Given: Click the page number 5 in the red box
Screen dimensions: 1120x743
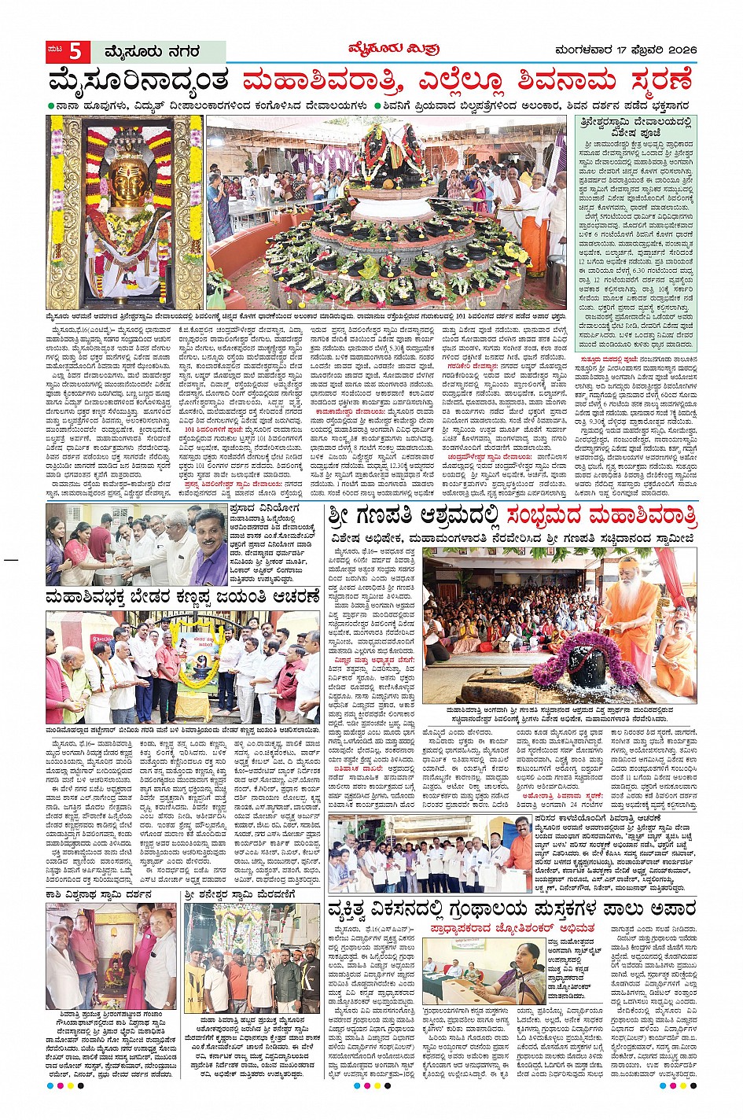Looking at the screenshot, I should point(75,52).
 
